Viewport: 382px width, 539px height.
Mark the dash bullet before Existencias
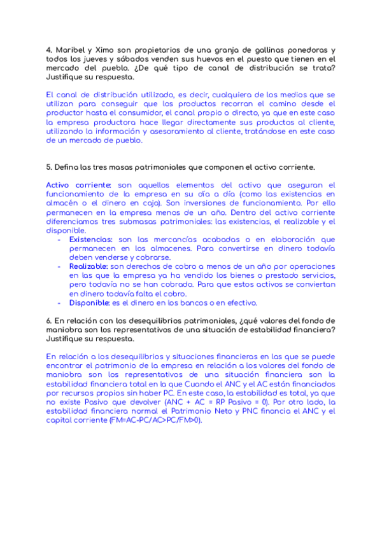click(x=60, y=240)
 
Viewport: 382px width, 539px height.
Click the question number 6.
click(x=49, y=321)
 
